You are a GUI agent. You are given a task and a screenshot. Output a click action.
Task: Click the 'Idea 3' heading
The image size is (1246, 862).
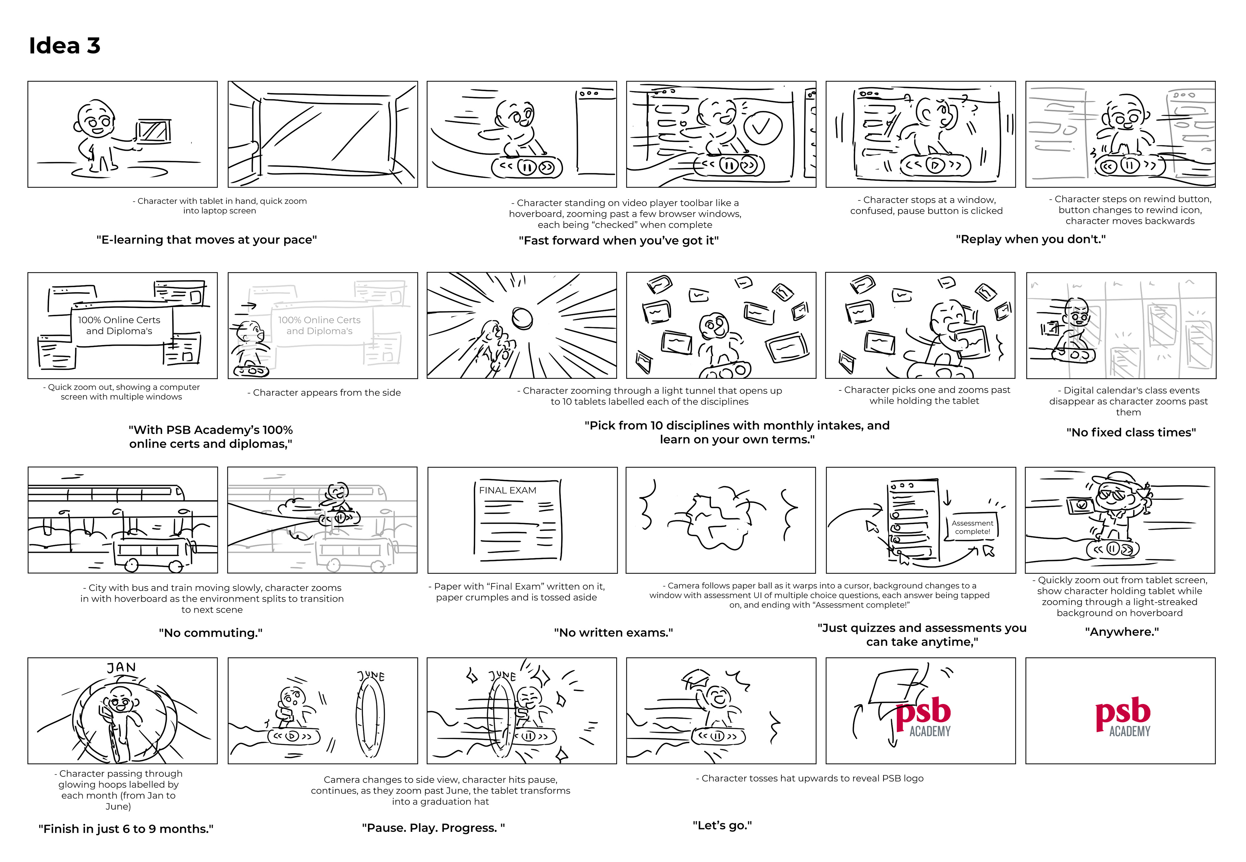[64, 46]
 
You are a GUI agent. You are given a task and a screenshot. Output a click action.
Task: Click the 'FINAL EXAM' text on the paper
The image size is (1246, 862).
[507, 490]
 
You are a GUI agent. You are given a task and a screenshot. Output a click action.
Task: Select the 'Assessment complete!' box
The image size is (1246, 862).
[972, 527]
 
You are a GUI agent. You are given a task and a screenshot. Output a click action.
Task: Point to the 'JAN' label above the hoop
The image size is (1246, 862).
[121, 668]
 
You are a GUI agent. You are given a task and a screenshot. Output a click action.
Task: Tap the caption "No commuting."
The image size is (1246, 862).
[210, 632]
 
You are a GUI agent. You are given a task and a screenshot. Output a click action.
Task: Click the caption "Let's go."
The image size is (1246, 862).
[722, 825]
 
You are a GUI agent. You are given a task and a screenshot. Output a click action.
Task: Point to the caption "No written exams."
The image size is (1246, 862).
[613, 632]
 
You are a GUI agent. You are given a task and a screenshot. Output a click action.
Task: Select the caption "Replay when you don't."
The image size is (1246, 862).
[1031, 239]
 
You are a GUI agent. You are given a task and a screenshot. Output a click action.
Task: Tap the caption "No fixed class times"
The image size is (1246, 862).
[1131, 432]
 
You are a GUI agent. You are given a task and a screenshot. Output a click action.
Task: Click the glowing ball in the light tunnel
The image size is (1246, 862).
[522, 318]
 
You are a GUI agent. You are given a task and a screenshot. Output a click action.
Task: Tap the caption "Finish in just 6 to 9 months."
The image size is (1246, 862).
[126, 829]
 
